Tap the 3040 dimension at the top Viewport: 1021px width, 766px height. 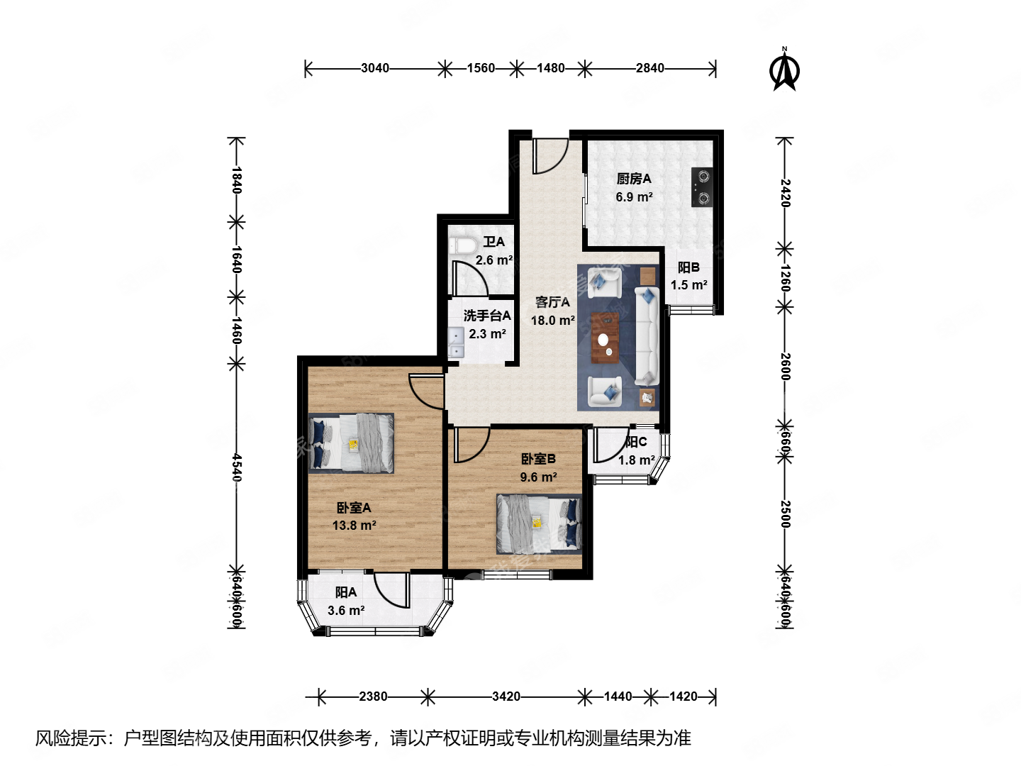click(x=374, y=68)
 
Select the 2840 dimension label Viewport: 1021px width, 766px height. click(x=649, y=68)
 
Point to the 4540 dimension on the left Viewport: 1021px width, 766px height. click(x=237, y=467)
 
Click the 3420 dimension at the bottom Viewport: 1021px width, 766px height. click(x=506, y=696)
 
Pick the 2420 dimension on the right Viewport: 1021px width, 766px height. click(x=785, y=192)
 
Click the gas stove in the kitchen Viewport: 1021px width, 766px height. click(x=702, y=187)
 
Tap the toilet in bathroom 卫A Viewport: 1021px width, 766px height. click(x=463, y=246)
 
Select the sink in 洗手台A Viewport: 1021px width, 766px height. click(x=455, y=343)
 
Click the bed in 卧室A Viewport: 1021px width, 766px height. click(x=352, y=443)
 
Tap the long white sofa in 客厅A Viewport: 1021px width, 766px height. click(x=646, y=335)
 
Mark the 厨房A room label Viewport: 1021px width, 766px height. click(x=633, y=179)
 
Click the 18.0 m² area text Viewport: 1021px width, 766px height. click(x=552, y=321)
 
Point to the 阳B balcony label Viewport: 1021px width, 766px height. click(x=688, y=267)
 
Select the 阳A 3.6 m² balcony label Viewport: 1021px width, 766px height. click(x=346, y=601)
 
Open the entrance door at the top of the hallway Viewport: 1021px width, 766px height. click(x=550, y=155)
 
